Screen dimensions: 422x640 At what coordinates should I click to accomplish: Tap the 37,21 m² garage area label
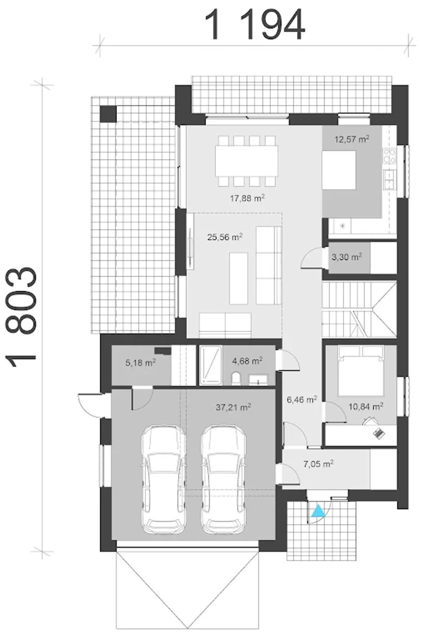tap(233, 407)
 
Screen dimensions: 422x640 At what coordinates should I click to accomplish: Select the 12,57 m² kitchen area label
tap(352, 139)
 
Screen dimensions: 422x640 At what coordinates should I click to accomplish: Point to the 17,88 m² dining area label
tap(247, 198)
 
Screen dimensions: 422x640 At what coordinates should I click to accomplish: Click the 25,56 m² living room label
tap(225, 237)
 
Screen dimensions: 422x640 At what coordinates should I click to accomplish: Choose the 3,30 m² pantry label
tap(347, 256)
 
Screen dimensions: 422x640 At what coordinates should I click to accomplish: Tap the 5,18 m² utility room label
tap(140, 363)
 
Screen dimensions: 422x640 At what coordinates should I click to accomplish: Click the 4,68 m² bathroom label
tap(247, 361)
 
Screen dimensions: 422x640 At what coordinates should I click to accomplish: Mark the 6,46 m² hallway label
tap(302, 400)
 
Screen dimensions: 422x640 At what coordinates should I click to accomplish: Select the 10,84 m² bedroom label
tap(366, 406)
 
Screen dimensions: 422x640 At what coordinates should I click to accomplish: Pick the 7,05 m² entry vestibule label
tap(318, 464)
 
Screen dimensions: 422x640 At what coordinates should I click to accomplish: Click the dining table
tap(247, 161)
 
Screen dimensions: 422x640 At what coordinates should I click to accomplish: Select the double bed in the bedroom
tap(361, 370)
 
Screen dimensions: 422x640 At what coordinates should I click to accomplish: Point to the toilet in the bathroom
tap(236, 378)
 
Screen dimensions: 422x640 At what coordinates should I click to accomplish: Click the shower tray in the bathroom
tap(211, 365)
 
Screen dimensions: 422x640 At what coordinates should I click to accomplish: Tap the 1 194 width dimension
tap(255, 25)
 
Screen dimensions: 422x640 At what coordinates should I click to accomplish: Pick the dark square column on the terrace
tap(108, 114)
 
